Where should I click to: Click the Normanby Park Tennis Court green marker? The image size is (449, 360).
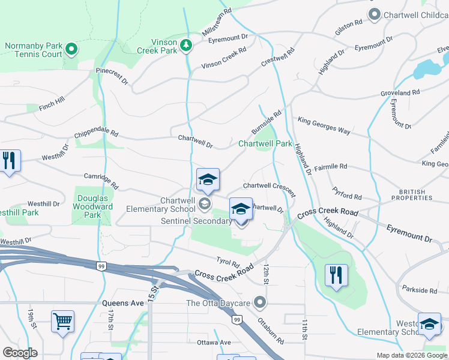tap(71, 49)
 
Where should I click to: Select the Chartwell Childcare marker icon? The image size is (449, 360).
tap(375, 14)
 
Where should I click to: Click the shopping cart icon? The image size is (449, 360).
tap(62, 322)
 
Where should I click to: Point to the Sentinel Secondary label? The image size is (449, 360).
tap(196, 221)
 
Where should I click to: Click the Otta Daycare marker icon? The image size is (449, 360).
tap(259, 301)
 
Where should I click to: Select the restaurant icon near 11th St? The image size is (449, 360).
tap(336, 275)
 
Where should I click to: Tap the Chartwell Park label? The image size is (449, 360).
tap(265, 144)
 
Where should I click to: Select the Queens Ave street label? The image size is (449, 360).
tap(123, 303)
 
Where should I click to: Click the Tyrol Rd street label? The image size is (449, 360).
tap(228, 262)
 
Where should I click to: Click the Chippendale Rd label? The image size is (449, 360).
tap(97, 135)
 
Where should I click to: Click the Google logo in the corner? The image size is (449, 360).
tap(20, 353)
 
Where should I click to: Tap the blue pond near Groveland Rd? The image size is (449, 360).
tap(426, 69)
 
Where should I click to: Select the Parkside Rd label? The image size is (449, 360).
tap(420, 290)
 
